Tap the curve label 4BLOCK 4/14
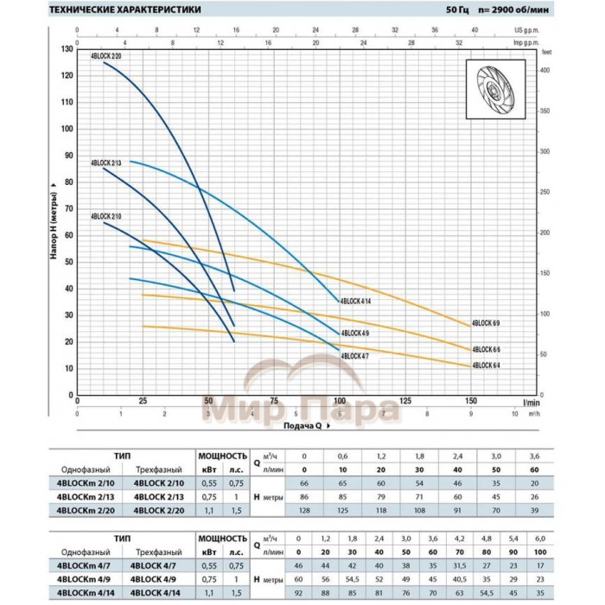(356, 301)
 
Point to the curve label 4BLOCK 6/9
(487, 322)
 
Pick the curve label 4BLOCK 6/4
(487, 365)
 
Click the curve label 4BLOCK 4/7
(355, 355)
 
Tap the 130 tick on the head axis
(67, 48)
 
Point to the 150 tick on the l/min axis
(472, 401)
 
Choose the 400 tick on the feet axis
(546, 70)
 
